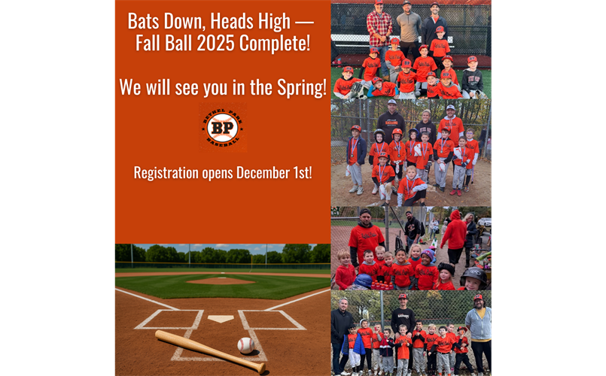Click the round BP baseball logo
(222, 128)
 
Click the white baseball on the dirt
(245, 345)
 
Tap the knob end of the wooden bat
(260, 368)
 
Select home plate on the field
(221, 318)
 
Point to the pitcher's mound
(220, 280)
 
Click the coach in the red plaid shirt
(379, 26)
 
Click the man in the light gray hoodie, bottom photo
(477, 327)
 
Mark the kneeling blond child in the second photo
(410, 188)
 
